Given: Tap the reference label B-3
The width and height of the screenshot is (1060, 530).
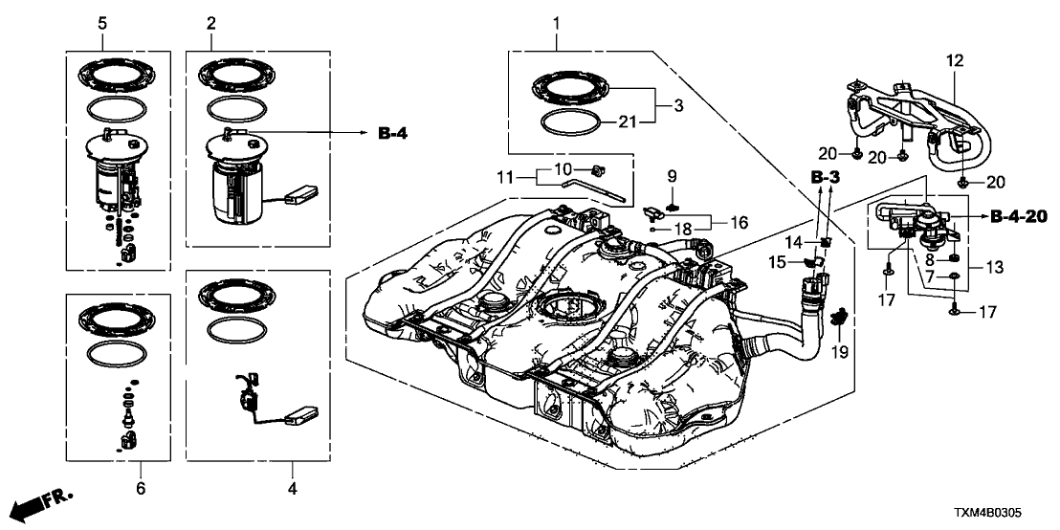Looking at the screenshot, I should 824,178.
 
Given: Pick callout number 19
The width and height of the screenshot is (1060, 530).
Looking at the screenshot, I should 841,353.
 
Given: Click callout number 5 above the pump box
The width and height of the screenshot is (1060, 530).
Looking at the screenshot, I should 102,21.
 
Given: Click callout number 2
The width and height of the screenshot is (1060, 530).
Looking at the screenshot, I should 210,21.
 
